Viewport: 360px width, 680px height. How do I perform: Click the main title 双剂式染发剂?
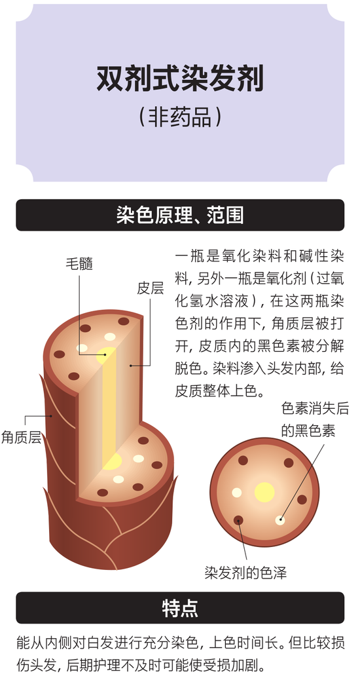point(180,79)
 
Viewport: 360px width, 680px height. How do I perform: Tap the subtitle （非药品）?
point(180,117)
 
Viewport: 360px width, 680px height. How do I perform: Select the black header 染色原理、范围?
point(180,215)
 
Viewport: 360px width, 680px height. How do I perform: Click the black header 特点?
point(180,608)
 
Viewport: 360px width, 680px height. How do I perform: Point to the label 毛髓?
point(79,263)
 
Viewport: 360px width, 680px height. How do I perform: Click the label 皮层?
point(151,288)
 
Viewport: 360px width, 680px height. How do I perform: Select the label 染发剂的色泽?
point(245,573)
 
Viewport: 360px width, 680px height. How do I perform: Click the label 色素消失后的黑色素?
point(315,420)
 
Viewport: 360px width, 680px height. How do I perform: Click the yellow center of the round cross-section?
point(264,492)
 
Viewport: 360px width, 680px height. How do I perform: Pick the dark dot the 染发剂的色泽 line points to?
point(238,520)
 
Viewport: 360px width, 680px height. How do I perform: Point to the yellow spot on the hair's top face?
point(106,355)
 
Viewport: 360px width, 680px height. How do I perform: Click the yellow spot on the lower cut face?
point(112,461)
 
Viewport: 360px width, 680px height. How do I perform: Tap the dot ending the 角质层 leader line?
point(51,416)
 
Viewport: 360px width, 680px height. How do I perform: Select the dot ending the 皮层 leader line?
point(131,366)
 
